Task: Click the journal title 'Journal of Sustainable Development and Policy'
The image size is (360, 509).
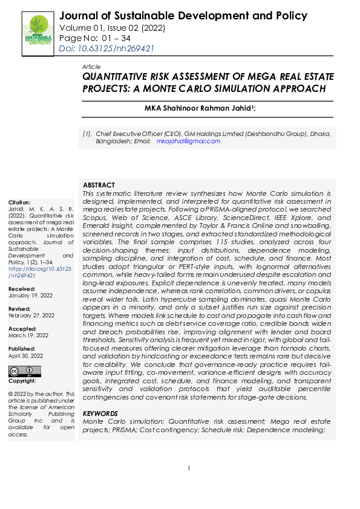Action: (x=183, y=16)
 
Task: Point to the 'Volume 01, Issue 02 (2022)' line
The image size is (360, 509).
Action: (x=113, y=28)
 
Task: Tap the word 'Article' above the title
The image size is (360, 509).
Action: (x=91, y=66)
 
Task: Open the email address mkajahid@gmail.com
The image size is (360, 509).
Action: (x=188, y=141)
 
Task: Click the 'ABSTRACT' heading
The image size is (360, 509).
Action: (x=99, y=184)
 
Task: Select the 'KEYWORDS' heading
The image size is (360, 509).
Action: (x=100, y=413)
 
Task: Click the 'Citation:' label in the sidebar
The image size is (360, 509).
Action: (x=19, y=202)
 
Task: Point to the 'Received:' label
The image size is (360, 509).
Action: (x=21, y=289)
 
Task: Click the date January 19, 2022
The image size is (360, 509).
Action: (x=31, y=296)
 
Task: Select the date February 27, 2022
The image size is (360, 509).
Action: (x=31, y=315)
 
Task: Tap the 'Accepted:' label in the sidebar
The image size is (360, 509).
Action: (x=22, y=328)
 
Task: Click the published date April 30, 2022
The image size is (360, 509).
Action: (x=25, y=356)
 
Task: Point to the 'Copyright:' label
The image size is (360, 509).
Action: (x=22, y=381)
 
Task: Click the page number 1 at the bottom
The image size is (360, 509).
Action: (x=189, y=468)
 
